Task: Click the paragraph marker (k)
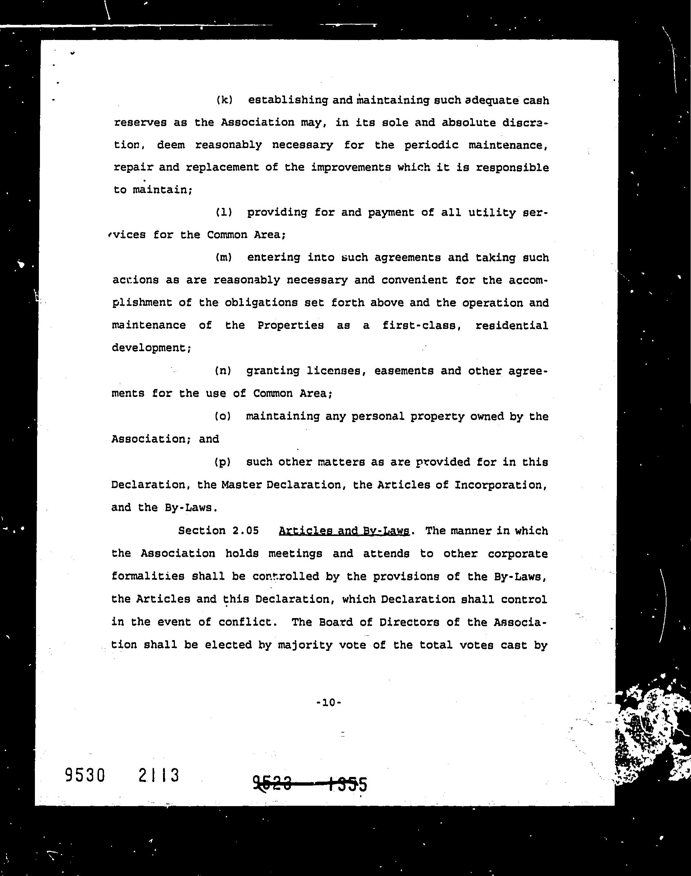(x=225, y=100)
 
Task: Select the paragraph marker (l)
(x=224, y=213)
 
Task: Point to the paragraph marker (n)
(x=223, y=371)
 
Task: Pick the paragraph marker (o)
(x=222, y=416)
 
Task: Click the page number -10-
(x=329, y=702)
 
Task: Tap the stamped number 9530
(x=85, y=776)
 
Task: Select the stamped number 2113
(x=159, y=776)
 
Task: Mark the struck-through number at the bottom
(x=310, y=784)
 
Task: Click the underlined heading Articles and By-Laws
(x=344, y=531)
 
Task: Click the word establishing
(x=288, y=100)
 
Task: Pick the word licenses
(x=333, y=371)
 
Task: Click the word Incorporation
(x=501, y=485)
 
